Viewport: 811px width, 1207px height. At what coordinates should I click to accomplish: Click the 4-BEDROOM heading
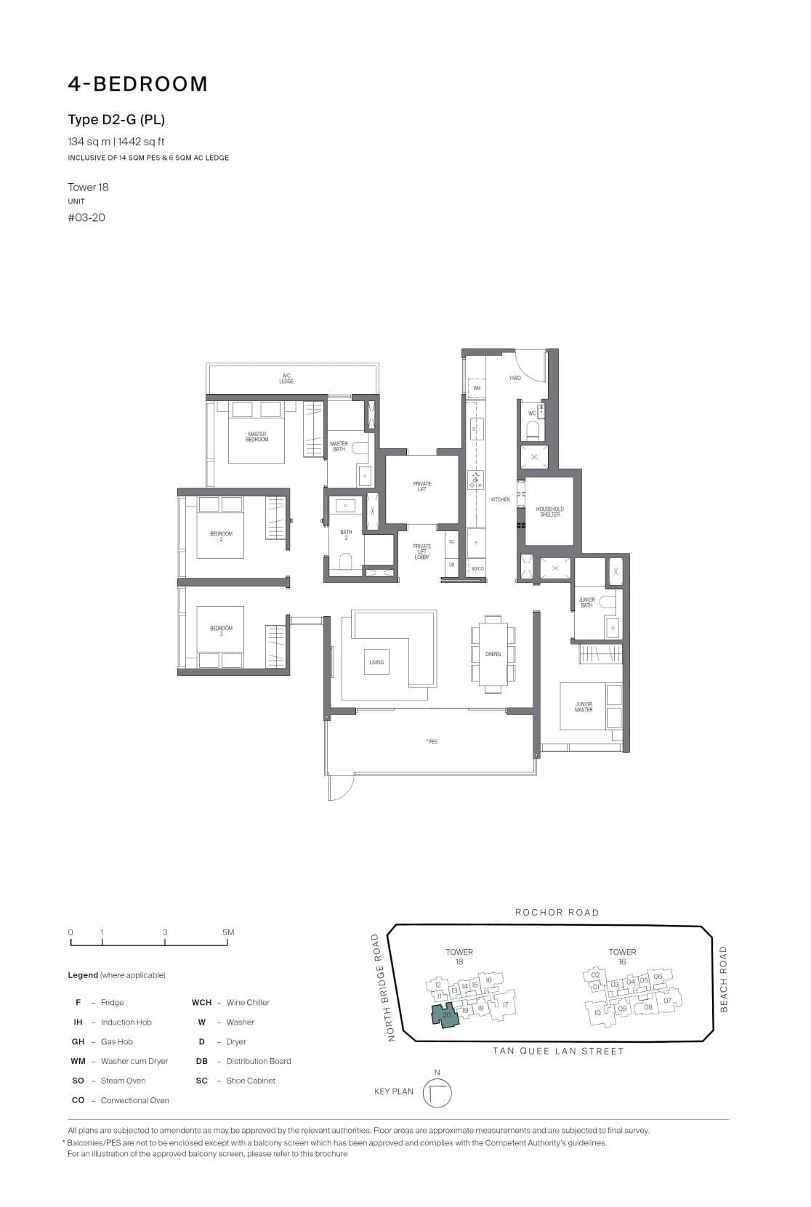click(x=138, y=84)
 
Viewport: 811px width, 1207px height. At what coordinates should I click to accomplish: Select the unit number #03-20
click(x=86, y=217)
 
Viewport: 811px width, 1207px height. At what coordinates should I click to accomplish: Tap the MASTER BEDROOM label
click(x=257, y=437)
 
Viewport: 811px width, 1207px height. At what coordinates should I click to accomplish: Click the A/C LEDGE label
click(x=287, y=379)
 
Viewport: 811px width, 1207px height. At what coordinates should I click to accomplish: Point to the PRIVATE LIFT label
click(x=421, y=486)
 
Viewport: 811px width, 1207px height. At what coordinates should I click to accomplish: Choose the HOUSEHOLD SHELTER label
click(x=549, y=512)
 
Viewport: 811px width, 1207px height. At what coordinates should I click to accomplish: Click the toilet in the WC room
click(x=533, y=432)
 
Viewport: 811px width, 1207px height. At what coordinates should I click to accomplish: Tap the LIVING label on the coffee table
click(x=376, y=662)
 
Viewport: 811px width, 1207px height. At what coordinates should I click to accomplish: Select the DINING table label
click(x=493, y=654)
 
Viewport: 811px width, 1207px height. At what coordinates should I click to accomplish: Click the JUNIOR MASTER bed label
click(x=584, y=706)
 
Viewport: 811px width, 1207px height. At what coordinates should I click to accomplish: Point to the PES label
click(x=432, y=742)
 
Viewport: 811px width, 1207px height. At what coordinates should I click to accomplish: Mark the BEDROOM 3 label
click(x=221, y=631)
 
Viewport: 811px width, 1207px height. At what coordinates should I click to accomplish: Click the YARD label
click(x=515, y=378)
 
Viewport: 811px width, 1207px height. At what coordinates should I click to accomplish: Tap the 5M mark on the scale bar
click(x=228, y=932)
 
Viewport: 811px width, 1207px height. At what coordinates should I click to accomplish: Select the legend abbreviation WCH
click(x=201, y=1002)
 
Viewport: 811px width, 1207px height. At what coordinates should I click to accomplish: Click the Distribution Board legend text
click(x=258, y=1061)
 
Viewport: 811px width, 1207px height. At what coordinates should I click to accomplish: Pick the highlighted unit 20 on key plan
click(x=446, y=1015)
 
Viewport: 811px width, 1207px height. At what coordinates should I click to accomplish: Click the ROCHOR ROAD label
click(x=557, y=912)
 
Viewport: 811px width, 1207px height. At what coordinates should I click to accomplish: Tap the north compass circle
click(x=437, y=1093)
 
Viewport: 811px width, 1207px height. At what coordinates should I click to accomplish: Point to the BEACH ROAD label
click(x=723, y=978)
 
